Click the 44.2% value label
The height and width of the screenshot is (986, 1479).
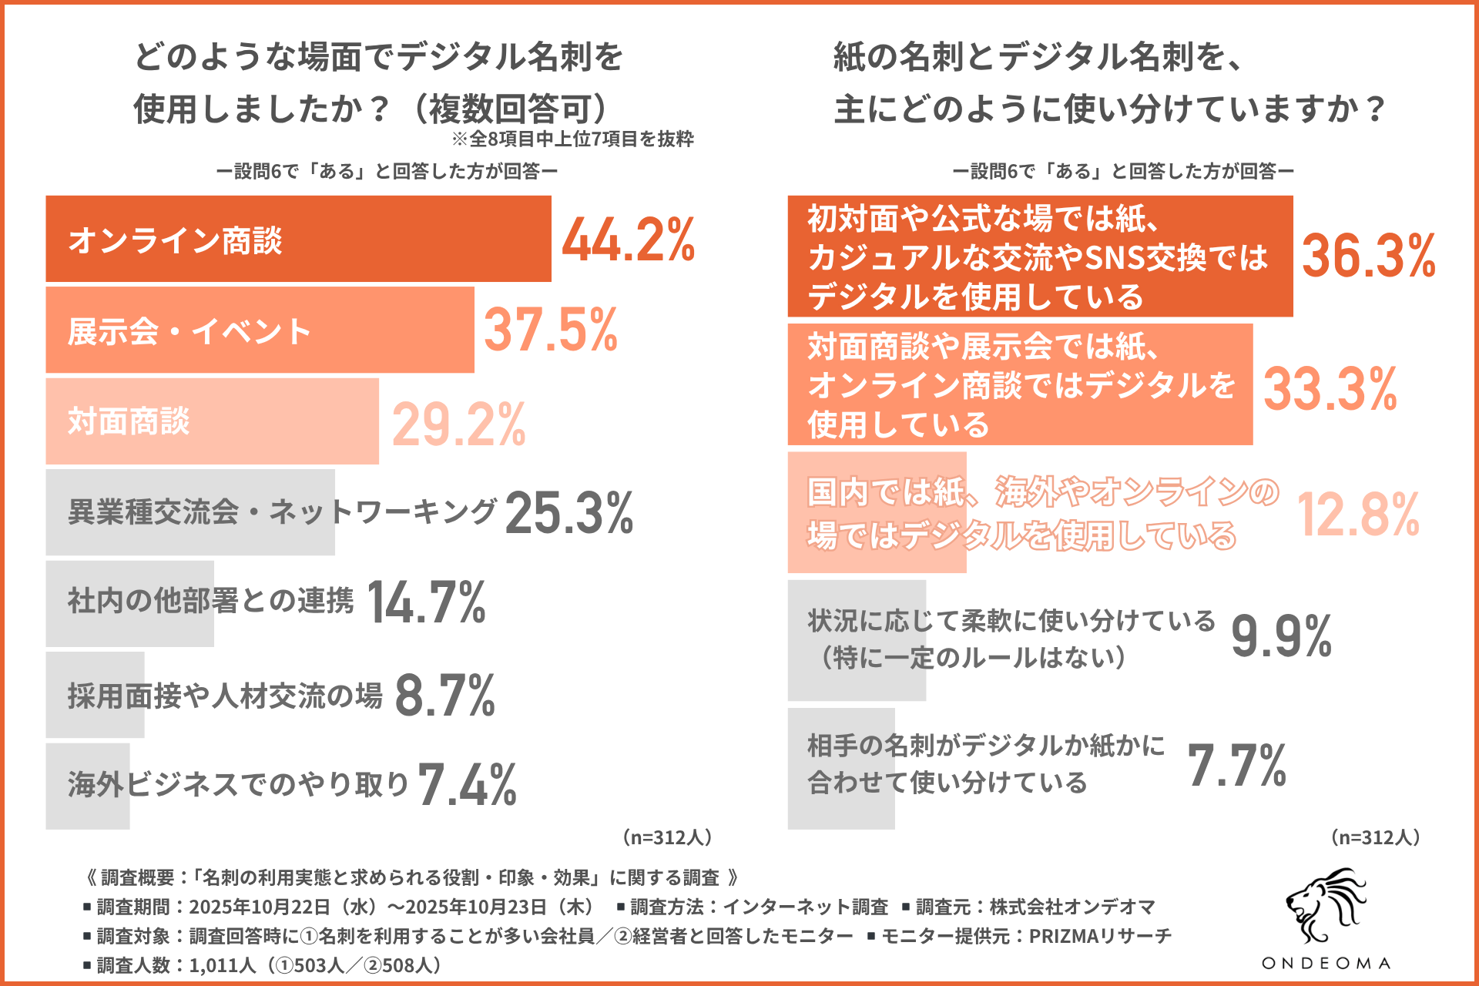(628, 240)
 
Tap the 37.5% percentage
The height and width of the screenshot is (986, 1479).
(551, 330)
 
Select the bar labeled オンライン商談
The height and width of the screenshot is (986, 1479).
(298, 239)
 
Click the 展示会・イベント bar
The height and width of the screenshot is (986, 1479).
(260, 330)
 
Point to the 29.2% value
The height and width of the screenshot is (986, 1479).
(459, 423)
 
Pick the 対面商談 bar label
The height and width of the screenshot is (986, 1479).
(129, 421)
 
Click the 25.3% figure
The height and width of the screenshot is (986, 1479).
(568, 513)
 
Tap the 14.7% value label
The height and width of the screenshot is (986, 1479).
(427, 602)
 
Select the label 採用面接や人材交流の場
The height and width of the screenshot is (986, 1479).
(225, 695)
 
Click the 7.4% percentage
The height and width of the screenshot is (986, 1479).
(468, 785)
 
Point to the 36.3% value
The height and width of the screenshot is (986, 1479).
(1368, 256)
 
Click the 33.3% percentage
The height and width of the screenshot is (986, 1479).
(1330, 388)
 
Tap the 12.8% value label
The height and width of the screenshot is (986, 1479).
(1357, 515)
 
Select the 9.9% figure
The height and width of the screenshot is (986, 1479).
(1281, 636)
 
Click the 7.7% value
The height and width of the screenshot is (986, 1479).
(1237, 766)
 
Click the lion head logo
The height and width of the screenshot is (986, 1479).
(1325, 907)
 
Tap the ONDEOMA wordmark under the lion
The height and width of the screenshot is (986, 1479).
(1326, 963)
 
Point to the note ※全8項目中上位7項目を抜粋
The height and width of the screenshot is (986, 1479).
(572, 139)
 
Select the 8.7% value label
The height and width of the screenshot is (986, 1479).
(444, 695)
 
